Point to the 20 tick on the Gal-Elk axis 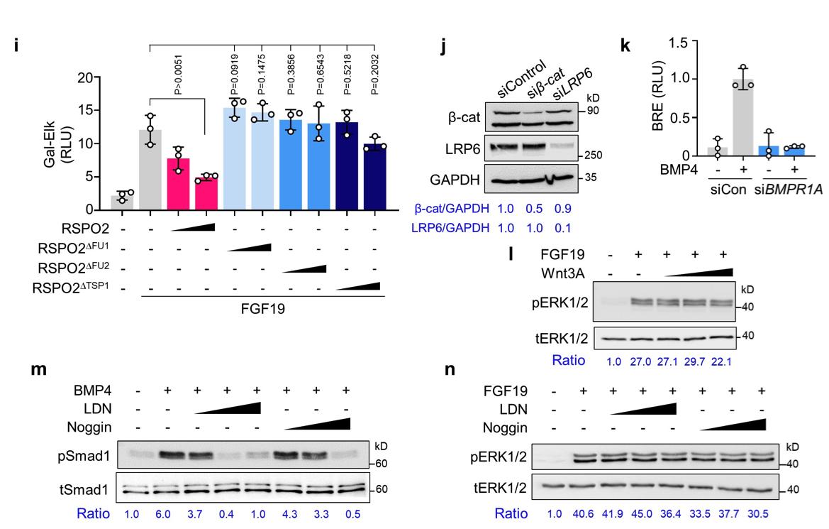click(84, 77)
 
